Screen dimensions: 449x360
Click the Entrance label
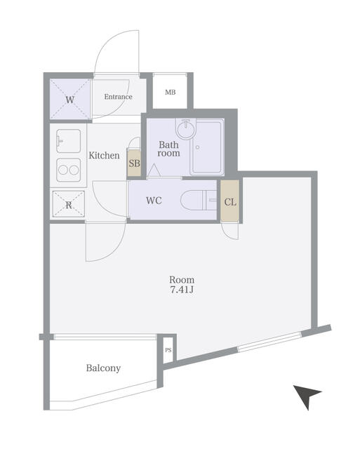click(x=119, y=97)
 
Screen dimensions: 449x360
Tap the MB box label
click(x=171, y=92)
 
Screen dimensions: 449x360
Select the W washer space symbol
click(x=69, y=100)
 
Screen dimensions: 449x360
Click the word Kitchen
click(x=104, y=155)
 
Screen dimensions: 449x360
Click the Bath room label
click(x=168, y=148)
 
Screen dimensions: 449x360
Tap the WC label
click(x=154, y=201)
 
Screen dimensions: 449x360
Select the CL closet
click(x=229, y=201)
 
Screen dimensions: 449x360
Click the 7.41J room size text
click(x=181, y=289)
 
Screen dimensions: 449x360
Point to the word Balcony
click(x=103, y=368)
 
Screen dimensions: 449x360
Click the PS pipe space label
click(x=168, y=349)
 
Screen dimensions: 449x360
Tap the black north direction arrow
click(x=307, y=396)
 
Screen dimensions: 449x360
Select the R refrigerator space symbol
click(x=69, y=205)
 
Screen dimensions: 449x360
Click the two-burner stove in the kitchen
click(x=69, y=170)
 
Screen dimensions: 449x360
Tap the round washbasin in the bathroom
click(x=185, y=130)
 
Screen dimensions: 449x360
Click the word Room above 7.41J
click(x=181, y=278)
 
